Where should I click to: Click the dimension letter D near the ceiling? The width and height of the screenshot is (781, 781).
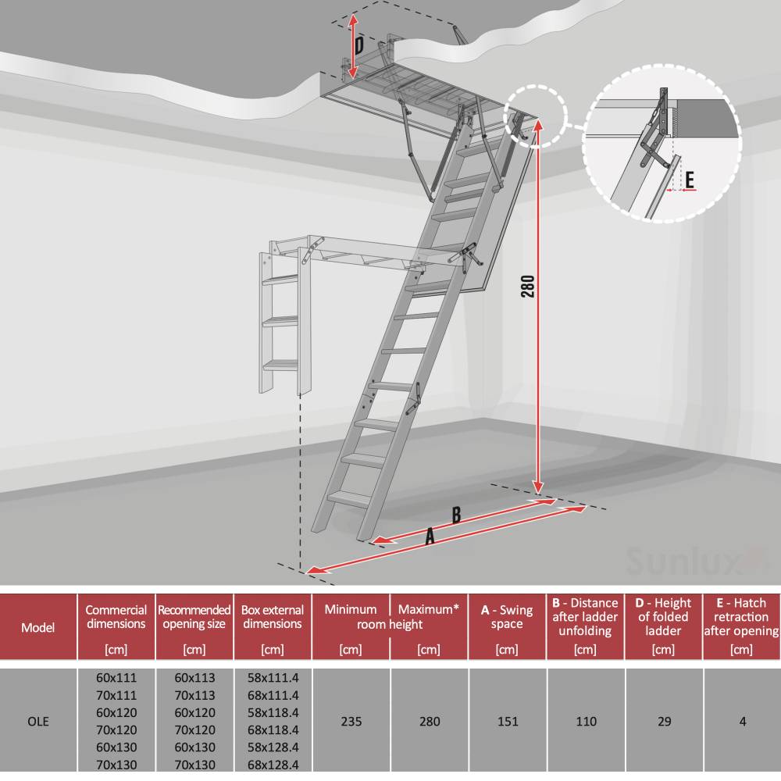[359, 45]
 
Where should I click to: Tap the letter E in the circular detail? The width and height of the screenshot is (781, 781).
[690, 180]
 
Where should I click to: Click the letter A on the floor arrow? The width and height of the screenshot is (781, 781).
[429, 537]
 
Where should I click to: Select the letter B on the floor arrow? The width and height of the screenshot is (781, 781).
[456, 515]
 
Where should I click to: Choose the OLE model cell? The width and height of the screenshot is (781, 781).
[38, 722]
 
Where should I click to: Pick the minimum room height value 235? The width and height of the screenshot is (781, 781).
[351, 722]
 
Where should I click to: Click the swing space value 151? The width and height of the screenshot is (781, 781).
[508, 722]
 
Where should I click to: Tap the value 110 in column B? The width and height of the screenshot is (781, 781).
[586, 722]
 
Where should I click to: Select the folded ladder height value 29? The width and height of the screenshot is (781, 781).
[664, 722]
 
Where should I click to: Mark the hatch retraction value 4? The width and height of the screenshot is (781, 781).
[742, 722]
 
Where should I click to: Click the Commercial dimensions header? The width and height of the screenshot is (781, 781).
[116, 617]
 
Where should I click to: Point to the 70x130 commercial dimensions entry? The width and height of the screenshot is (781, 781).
[116, 765]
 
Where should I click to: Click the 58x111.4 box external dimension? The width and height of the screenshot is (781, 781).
[273, 678]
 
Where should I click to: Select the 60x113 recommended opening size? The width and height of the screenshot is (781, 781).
[194, 678]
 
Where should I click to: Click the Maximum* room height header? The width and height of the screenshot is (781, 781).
[429, 609]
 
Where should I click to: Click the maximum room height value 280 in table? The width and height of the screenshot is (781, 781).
[429, 722]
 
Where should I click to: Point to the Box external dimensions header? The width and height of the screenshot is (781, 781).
[273, 617]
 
